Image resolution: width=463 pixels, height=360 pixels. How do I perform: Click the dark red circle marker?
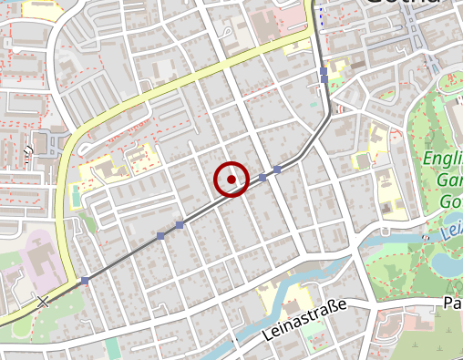(232, 179)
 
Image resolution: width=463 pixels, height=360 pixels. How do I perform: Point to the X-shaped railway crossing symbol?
(42, 301)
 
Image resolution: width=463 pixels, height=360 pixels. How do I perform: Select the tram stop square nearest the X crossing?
(85, 280)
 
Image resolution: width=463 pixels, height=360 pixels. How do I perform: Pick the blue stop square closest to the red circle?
(262, 178)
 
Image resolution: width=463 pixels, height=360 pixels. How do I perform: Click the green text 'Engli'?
(443, 161)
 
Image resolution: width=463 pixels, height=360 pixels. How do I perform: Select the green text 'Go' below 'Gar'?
(450, 201)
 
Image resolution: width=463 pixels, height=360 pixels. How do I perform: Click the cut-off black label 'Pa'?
(452, 302)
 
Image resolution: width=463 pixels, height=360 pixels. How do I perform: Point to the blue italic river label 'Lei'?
(451, 230)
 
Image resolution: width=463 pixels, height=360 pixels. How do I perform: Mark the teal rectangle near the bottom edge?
(112, 349)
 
